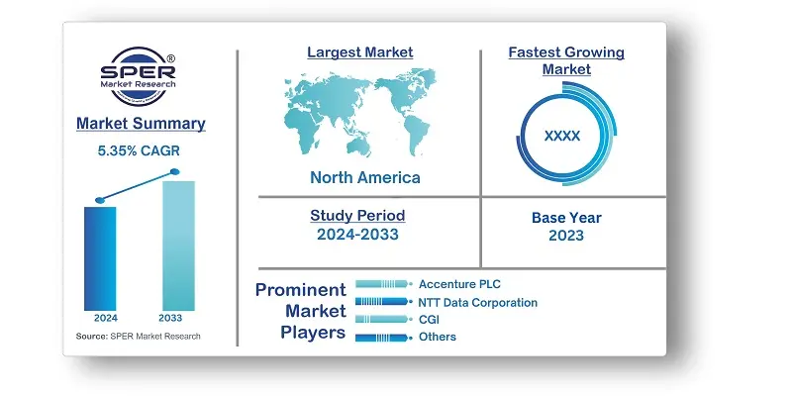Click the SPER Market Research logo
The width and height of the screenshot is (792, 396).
point(139,78)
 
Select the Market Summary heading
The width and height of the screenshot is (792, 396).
point(140,125)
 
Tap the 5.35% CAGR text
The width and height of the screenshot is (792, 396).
point(140,151)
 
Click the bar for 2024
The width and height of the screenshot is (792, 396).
point(100,256)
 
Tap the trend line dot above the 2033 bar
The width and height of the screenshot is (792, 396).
point(175,172)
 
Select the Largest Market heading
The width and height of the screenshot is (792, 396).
point(359,52)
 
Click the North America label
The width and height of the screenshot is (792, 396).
point(364,178)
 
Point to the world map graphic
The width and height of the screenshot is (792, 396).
point(364,114)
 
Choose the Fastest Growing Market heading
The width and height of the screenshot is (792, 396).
point(566,60)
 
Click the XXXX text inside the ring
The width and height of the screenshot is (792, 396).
point(562,136)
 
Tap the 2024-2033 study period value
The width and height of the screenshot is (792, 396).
point(357,235)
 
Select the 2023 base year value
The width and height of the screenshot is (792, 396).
point(565,236)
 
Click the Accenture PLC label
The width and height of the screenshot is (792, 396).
point(459,284)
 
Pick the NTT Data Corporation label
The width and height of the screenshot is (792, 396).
point(478,302)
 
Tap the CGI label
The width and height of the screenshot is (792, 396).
point(430,320)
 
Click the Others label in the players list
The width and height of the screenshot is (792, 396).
point(438,338)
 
